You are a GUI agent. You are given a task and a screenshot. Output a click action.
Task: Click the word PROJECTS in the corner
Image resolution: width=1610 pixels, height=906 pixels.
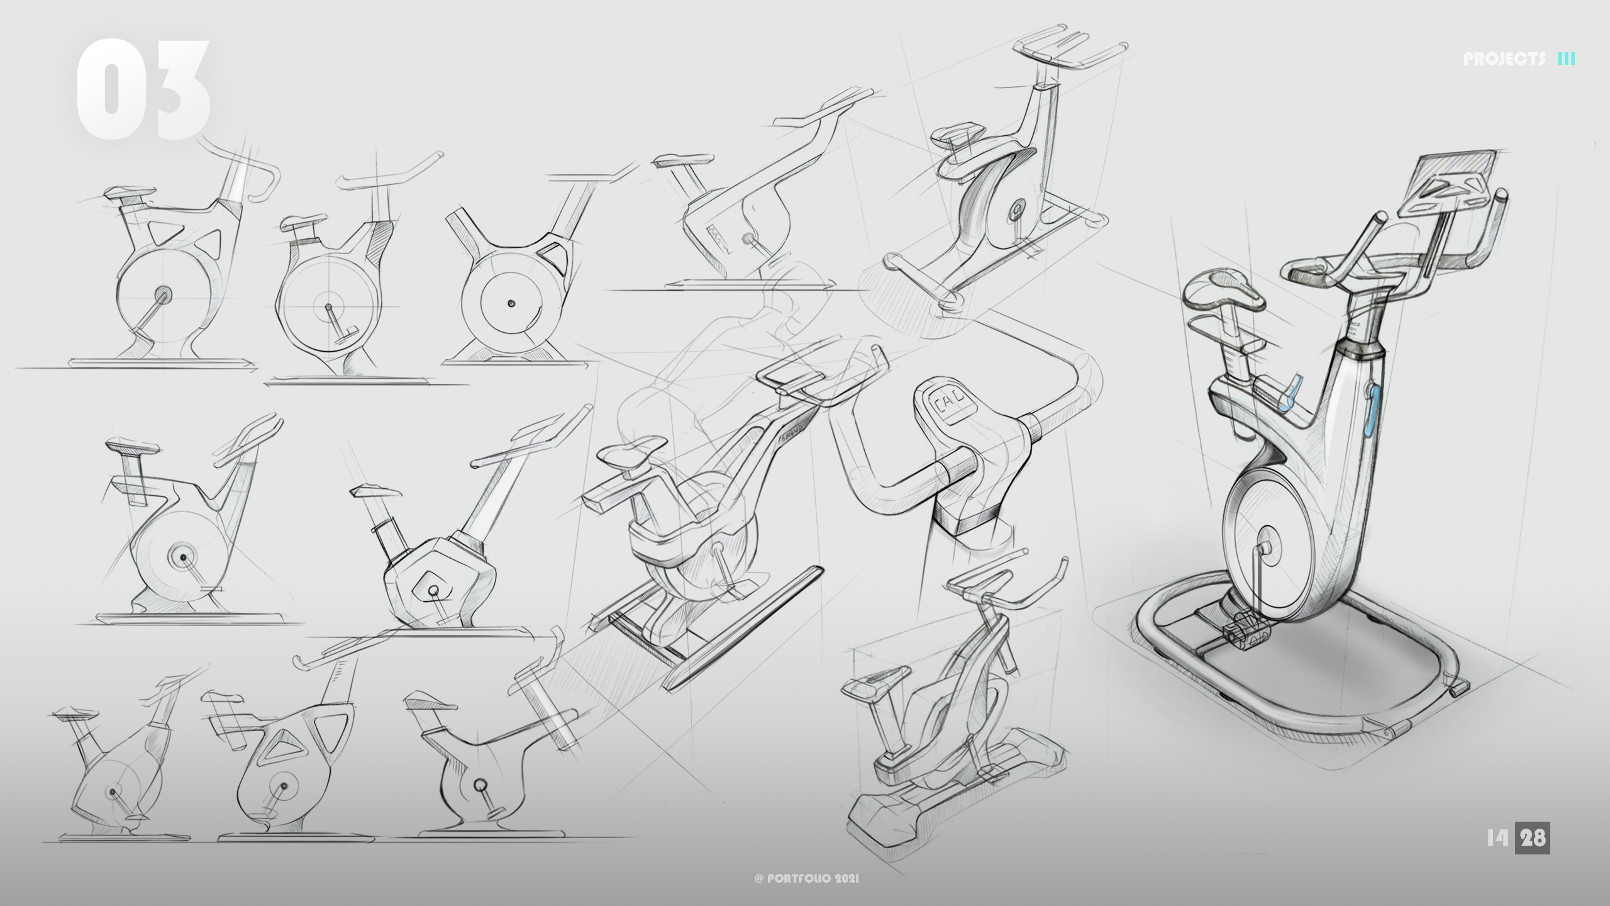tap(1504, 59)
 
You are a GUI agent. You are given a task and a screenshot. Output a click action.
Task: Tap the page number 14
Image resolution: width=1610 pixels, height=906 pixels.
tap(1498, 838)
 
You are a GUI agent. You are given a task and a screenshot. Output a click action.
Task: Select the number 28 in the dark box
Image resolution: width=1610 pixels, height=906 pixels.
tap(1533, 838)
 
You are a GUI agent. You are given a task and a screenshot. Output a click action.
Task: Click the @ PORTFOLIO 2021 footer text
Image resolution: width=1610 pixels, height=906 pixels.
tap(806, 878)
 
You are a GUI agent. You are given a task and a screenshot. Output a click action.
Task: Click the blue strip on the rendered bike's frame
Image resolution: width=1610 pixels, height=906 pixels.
tap(1375, 415)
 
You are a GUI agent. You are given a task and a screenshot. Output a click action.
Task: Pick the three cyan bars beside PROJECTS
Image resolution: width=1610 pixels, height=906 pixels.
tap(1567, 59)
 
